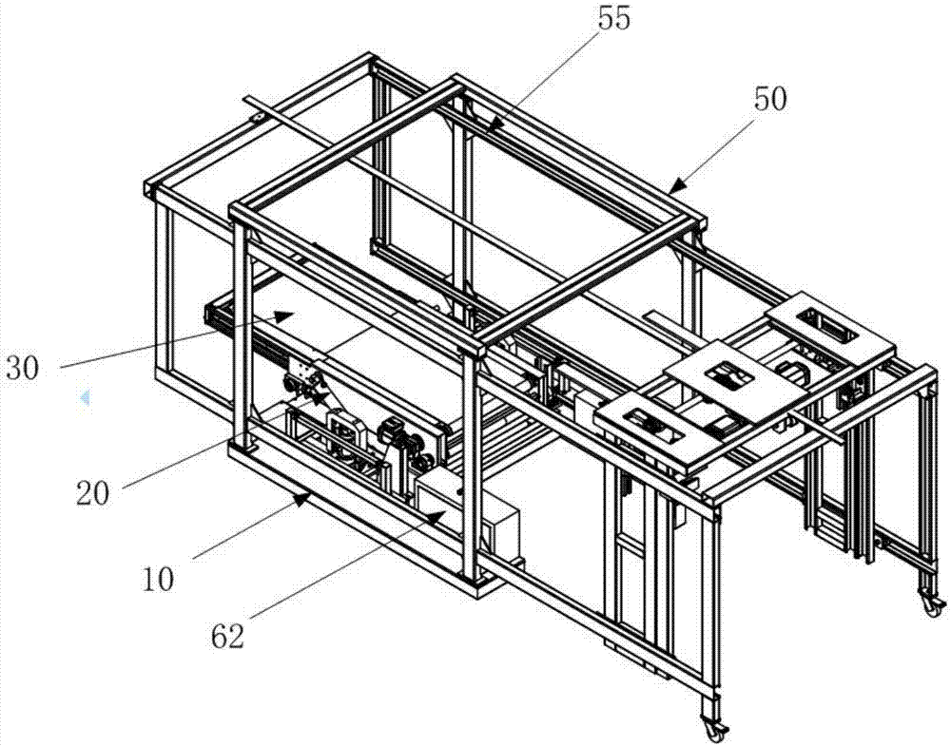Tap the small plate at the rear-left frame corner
pyautogui.click(x=255, y=119)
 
